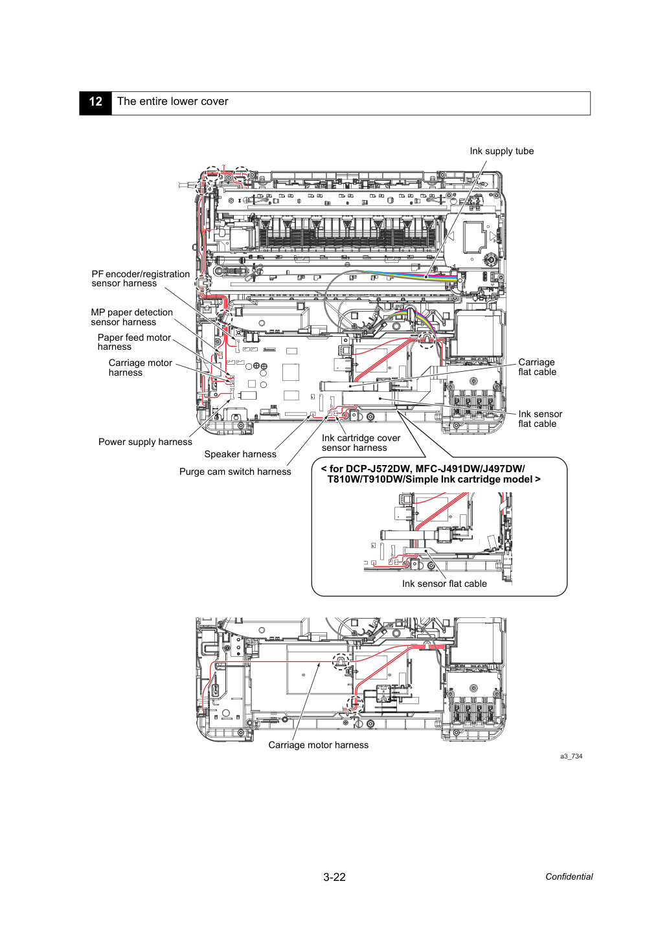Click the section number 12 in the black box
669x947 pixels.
95,102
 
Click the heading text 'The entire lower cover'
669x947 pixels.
172,102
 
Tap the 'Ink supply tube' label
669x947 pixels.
502,151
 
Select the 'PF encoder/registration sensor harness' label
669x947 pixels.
141,279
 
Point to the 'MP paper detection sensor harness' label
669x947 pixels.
132,317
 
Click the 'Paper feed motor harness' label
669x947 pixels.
134,342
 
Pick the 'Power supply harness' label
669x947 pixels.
145,442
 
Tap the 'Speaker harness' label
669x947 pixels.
240,454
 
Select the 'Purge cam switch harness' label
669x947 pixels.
235,472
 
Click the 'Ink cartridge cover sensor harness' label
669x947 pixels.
361,442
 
